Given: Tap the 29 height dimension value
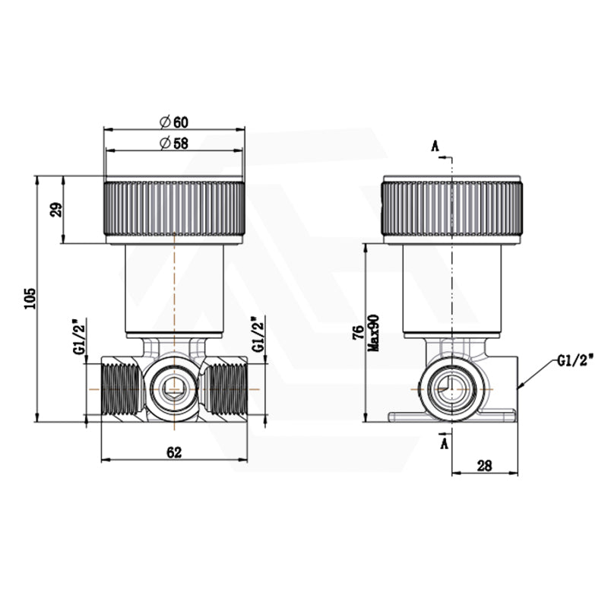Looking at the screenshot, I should (x=55, y=210).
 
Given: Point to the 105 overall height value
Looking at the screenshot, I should (x=28, y=299).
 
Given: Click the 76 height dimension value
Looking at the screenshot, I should (x=358, y=334).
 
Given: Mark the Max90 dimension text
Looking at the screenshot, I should (x=373, y=333).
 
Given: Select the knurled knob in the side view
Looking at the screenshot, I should (x=452, y=209).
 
